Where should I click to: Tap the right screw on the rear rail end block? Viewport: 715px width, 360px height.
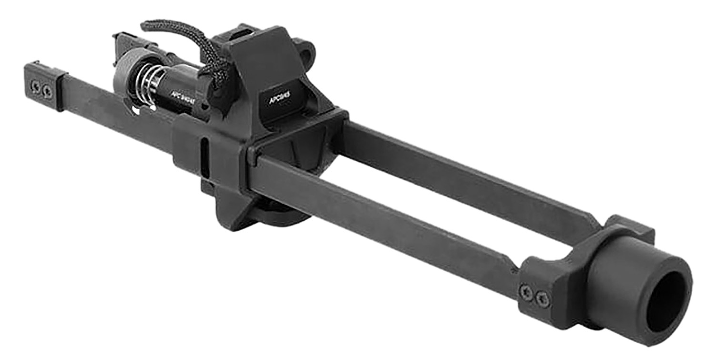coord(47,91)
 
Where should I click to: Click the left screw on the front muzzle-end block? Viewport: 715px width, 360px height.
coord(527,292)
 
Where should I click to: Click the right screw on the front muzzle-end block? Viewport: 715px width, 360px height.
coord(542,299)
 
